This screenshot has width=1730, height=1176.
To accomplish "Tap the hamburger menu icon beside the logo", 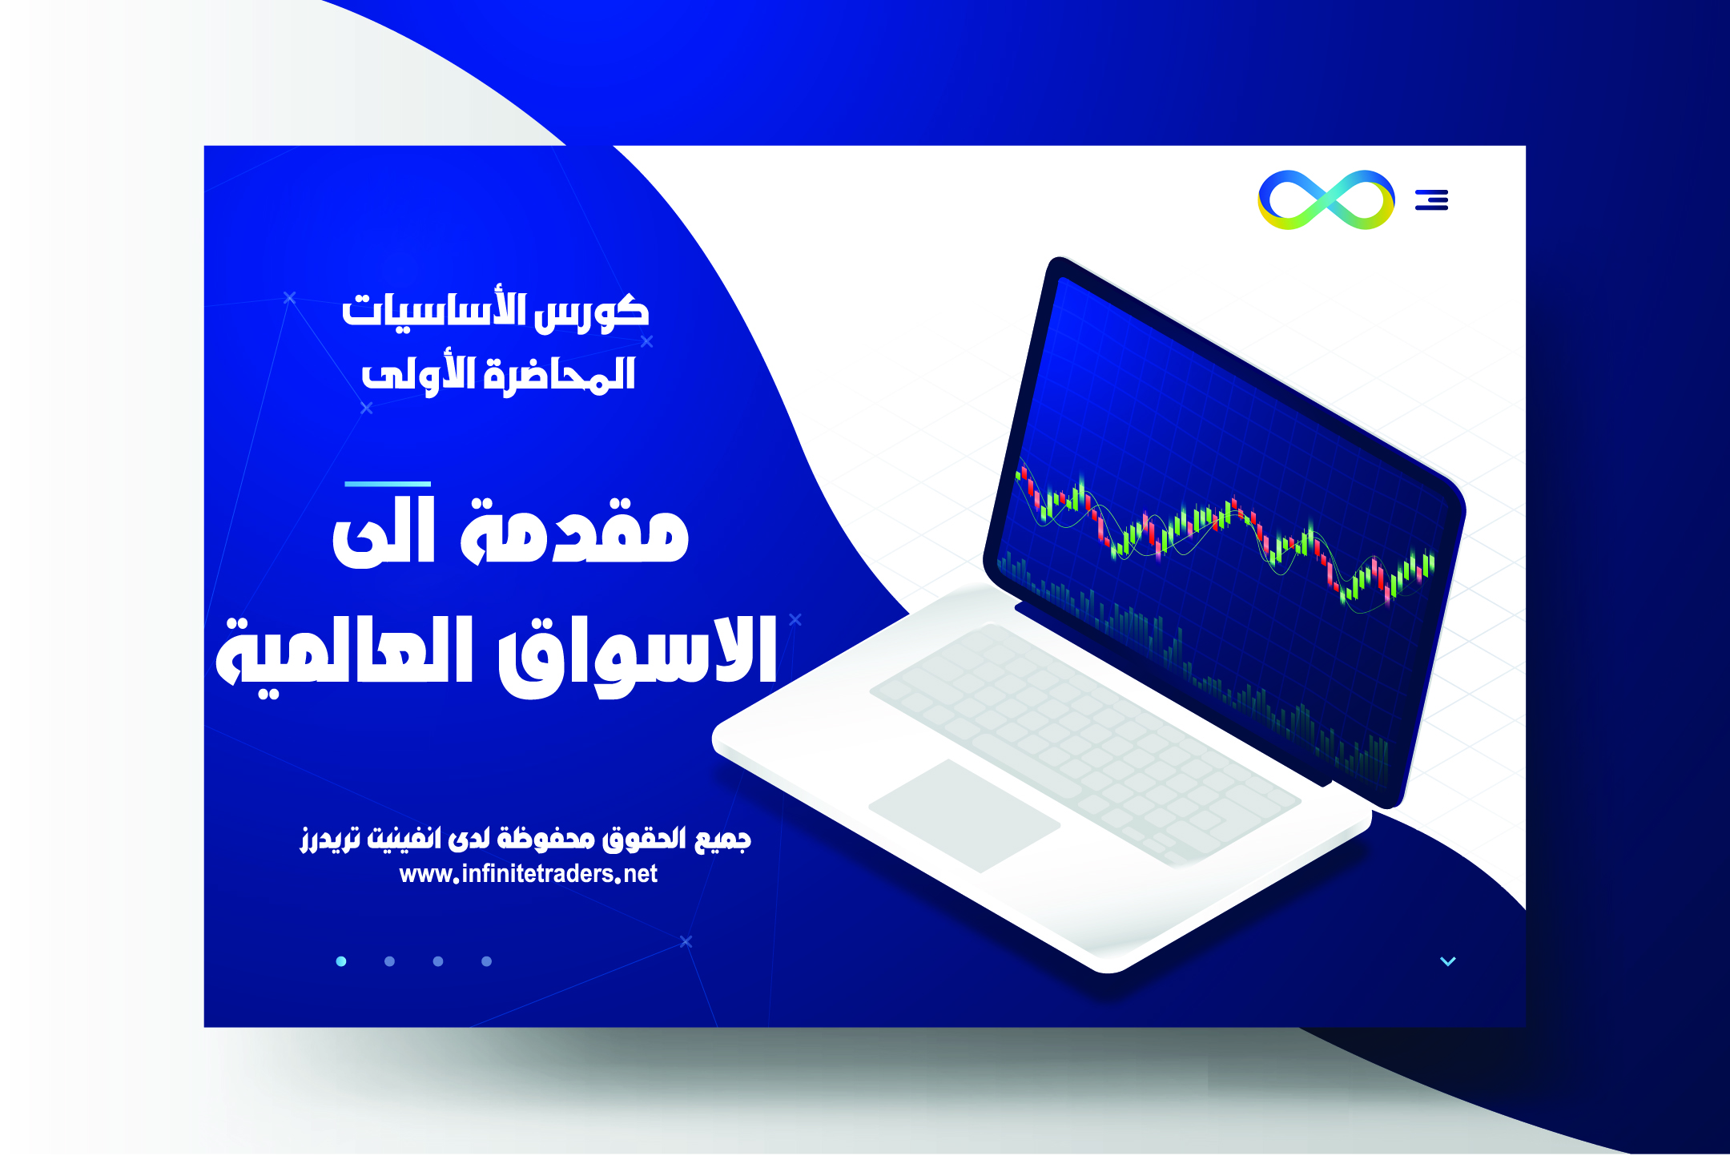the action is [x=1431, y=199].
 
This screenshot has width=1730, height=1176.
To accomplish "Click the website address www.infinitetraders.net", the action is [x=528, y=873].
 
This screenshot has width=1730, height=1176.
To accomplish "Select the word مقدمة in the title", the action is [x=574, y=530].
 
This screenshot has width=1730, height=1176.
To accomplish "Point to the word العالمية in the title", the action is [x=344, y=653].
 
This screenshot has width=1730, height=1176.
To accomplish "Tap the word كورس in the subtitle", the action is [x=592, y=312].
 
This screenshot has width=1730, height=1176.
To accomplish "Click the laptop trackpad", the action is [x=964, y=816].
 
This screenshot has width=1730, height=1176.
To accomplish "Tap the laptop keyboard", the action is [x=1085, y=745].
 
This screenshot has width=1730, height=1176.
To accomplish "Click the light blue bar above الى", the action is [x=388, y=484].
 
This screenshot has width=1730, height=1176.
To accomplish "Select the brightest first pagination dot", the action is [x=341, y=961].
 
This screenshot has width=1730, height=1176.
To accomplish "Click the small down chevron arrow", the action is [x=1448, y=961].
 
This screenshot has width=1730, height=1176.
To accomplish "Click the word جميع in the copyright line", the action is [x=723, y=839].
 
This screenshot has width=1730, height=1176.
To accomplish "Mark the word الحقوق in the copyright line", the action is [x=645, y=839].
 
